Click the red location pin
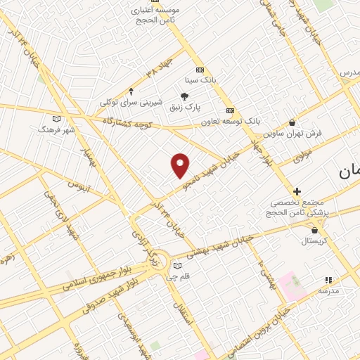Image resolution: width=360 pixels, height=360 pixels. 181,165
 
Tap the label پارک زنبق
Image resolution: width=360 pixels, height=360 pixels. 184,108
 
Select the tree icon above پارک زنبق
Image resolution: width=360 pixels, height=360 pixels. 185,96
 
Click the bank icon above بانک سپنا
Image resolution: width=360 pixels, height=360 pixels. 200,70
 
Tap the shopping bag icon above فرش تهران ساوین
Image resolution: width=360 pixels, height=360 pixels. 292,122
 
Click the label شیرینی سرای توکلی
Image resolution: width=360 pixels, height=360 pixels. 130,103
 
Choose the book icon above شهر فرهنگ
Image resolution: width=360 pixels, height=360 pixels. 56,119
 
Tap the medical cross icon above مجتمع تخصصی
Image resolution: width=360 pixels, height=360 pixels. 297,191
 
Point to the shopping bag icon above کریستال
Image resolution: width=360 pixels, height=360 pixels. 314,230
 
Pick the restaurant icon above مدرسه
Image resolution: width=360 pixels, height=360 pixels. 328,279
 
